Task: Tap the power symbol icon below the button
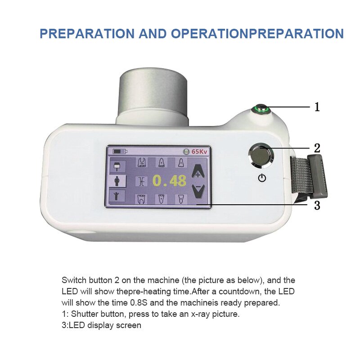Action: click(262, 178)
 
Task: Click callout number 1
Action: click(317, 107)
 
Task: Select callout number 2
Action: click(317, 148)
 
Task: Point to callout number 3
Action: click(317, 206)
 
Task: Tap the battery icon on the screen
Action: click(120, 152)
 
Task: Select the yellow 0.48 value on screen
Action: click(169, 180)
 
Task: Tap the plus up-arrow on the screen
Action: click(197, 171)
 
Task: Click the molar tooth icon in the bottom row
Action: click(141, 198)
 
